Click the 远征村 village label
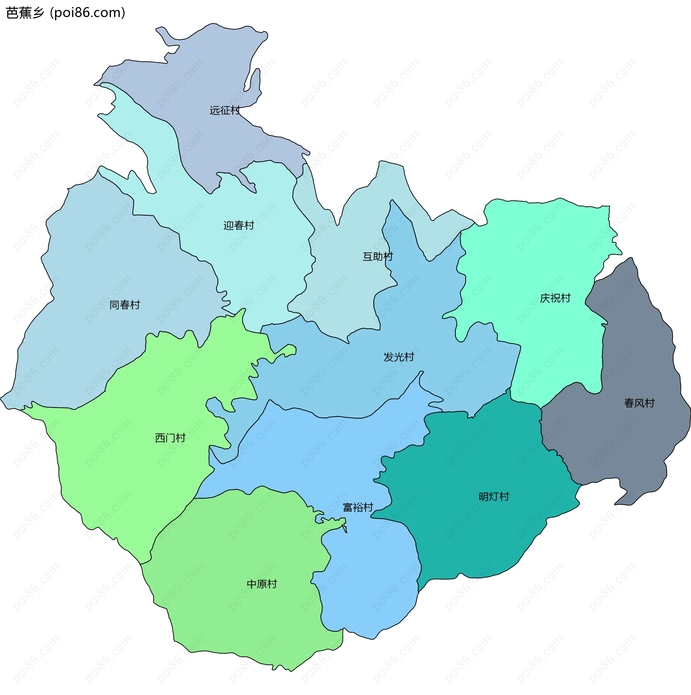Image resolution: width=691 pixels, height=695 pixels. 225,111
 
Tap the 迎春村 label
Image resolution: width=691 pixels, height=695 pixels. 239,226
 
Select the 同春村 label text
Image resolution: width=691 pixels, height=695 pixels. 125,305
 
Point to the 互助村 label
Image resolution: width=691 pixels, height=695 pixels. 378,257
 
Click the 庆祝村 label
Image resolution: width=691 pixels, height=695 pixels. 555,299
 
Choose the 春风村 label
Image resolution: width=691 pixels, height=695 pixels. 639,403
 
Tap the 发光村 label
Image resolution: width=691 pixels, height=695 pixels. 398,357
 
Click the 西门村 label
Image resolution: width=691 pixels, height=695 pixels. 170,438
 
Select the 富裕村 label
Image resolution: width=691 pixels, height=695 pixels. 358,508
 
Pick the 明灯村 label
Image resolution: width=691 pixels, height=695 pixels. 494,497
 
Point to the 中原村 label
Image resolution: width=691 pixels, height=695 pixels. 262,584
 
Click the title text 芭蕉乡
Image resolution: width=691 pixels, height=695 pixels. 25,13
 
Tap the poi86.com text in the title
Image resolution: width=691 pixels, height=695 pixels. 88,13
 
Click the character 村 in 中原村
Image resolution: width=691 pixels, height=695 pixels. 272,584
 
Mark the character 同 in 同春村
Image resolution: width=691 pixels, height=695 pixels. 114,305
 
